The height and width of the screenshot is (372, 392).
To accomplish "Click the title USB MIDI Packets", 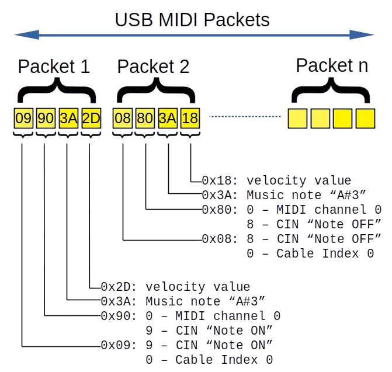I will tap(192, 20).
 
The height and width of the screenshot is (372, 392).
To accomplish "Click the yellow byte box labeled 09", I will tap(23, 119).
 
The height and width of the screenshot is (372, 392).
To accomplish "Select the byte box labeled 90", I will tap(46, 119).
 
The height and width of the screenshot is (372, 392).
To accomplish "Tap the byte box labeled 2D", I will tap(91, 119).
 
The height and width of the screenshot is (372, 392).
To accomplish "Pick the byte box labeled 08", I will tap(122, 119).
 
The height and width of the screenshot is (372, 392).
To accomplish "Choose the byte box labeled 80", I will tap(145, 119).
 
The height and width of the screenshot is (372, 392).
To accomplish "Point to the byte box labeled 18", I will tap(190, 119).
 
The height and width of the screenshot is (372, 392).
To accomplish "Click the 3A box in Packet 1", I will tap(68, 119).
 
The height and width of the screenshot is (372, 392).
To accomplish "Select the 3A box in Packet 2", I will tap(168, 119).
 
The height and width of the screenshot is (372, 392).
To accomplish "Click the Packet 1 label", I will tap(54, 67).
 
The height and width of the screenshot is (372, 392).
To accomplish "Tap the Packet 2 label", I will tap(154, 67).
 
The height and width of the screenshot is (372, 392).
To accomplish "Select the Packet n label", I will tap(332, 65).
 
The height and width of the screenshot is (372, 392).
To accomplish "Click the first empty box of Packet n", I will tap(297, 119).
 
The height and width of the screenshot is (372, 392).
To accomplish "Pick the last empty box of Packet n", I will tap(365, 119).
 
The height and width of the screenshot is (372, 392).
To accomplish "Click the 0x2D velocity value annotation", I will tap(176, 287).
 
